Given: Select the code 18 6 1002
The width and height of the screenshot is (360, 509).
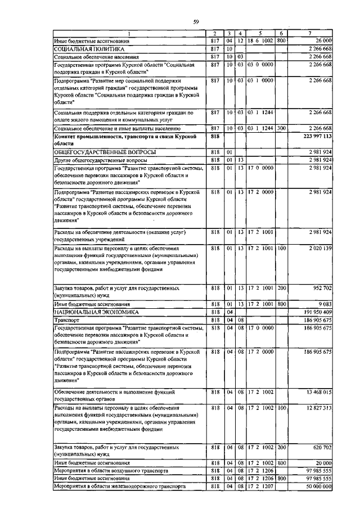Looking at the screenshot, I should [260, 41].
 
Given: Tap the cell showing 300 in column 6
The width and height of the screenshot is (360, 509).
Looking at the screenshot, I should [282, 129].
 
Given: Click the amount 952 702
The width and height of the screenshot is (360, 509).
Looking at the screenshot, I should [321, 288].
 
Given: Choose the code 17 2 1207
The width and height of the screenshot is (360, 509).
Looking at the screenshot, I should [260, 485].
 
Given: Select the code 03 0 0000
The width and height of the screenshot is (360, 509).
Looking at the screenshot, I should [260, 65].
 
